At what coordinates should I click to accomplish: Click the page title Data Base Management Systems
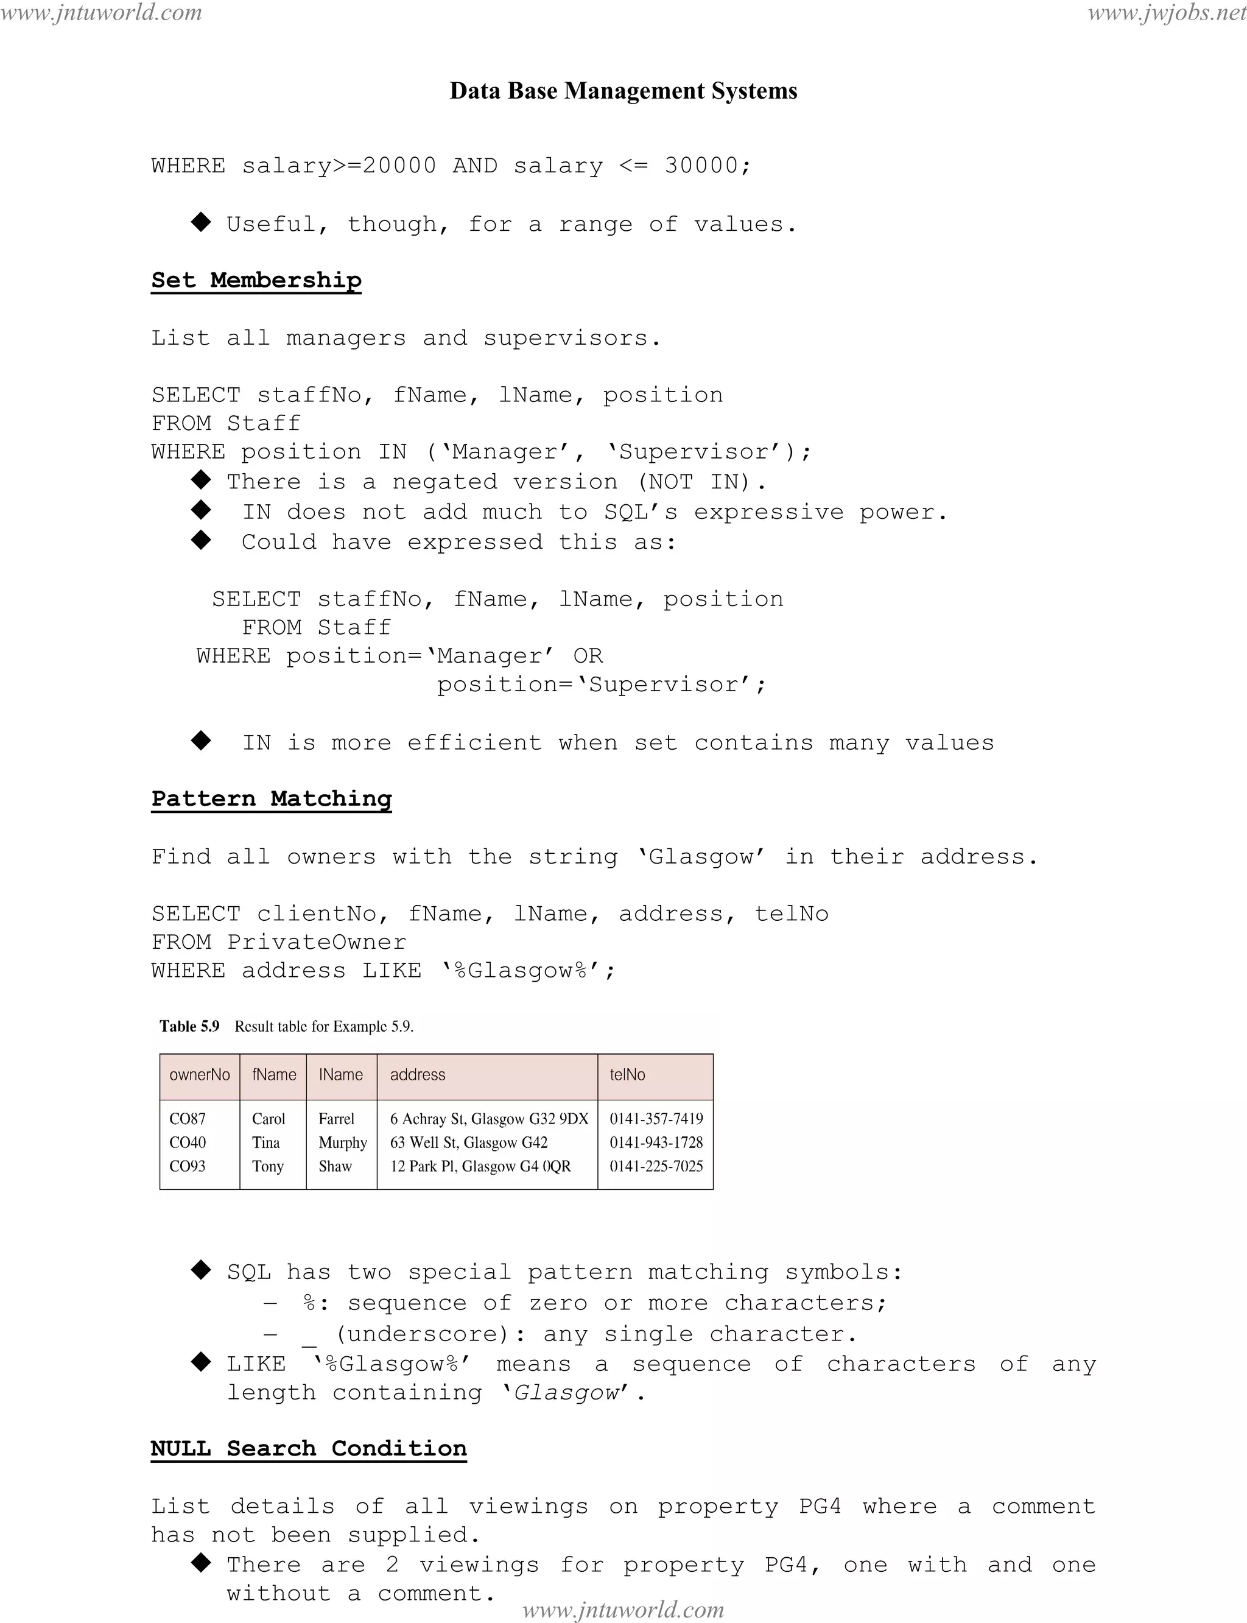coord(623,91)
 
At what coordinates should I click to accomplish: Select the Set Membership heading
coord(256,280)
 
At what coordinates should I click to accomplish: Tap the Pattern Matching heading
coord(271,798)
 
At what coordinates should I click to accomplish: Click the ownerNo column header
coord(200,1074)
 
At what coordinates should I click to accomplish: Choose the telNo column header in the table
coord(627,1074)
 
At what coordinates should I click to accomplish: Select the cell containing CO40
coord(188,1142)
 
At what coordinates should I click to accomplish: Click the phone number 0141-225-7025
coord(656,1166)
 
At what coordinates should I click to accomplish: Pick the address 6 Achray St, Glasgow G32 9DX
coord(489,1118)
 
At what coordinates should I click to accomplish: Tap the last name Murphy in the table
coord(343,1142)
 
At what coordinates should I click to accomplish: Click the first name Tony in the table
coord(268,1166)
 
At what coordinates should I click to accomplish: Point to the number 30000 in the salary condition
coord(701,165)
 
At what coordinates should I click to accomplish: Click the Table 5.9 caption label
coord(189,1026)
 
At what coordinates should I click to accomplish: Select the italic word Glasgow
coord(566,1392)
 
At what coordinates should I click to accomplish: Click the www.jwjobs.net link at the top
coord(1166,13)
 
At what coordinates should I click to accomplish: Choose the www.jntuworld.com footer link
coord(623,1609)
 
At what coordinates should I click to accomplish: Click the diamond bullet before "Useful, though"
coord(201,222)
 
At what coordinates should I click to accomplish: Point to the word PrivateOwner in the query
coord(317,942)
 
